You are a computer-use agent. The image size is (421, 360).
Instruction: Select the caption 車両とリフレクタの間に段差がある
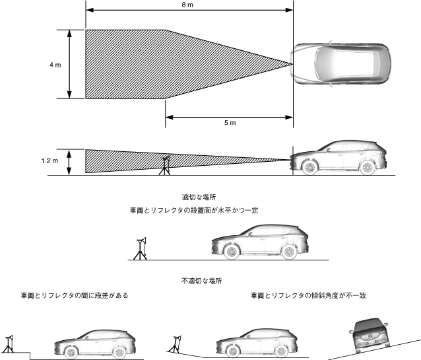point(74,295)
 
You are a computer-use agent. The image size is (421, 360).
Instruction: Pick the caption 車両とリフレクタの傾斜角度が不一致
point(308,295)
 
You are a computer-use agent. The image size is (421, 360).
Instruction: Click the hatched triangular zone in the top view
point(165,64)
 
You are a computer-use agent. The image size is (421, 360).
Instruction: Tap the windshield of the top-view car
point(323,64)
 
